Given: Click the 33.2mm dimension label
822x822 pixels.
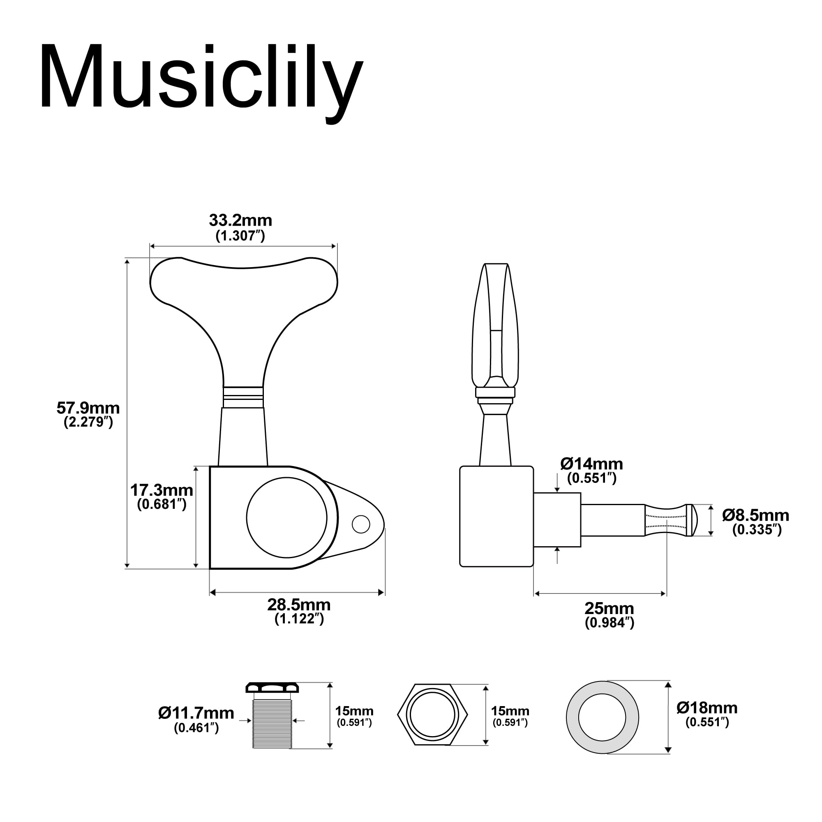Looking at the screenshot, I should (x=240, y=220).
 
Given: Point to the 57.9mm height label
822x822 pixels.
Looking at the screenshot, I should (x=88, y=408).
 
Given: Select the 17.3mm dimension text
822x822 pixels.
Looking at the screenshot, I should (x=161, y=490).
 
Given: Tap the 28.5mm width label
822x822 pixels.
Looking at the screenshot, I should (x=299, y=605).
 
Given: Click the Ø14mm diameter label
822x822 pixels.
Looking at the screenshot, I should (x=591, y=463).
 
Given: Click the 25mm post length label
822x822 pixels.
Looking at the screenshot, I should (x=609, y=608).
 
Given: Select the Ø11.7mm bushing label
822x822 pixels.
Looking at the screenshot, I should (x=196, y=713).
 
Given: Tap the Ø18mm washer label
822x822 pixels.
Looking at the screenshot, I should (x=707, y=708).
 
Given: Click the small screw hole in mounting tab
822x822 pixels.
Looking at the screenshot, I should (x=361, y=524).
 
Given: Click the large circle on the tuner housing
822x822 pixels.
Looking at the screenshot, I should (x=286, y=517).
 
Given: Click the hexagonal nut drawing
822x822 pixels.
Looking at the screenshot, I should (x=432, y=715).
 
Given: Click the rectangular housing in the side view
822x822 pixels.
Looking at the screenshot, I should (x=496, y=517).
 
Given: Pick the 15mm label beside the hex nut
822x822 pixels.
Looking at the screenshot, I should (x=510, y=711).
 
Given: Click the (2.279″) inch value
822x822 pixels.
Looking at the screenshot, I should (x=88, y=423).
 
